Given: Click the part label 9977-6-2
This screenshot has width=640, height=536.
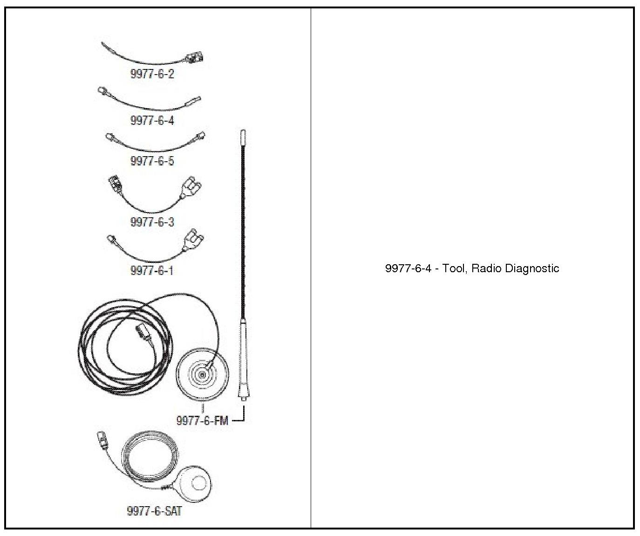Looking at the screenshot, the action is (x=152, y=74).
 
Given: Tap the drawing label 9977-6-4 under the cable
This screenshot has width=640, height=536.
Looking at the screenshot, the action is (x=152, y=120).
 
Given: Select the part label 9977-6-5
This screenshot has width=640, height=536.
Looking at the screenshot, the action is (x=152, y=161).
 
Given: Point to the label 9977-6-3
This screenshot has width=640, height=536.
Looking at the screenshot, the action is (x=152, y=222).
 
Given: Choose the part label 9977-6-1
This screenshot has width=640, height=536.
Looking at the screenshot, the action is (x=152, y=270).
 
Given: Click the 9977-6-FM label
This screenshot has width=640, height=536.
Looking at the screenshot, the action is (x=202, y=420).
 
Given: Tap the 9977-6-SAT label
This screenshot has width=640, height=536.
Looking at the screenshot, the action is (x=154, y=511).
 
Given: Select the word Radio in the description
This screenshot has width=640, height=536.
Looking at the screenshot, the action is (x=486, y=268).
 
